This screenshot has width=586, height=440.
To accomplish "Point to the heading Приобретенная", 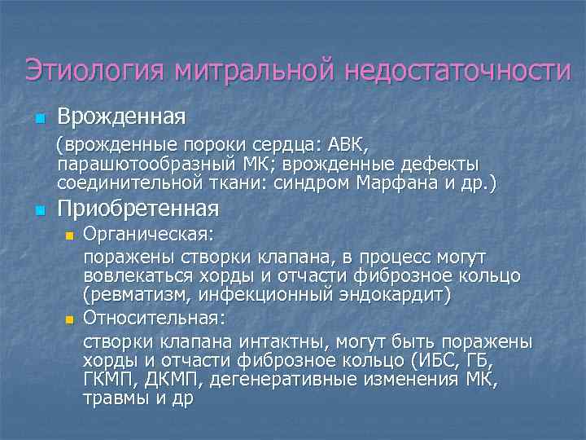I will tap(138, 209).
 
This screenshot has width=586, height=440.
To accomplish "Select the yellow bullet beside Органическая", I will tap(69, 236).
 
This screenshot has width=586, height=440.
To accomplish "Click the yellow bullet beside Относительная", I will tap(69, 318).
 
